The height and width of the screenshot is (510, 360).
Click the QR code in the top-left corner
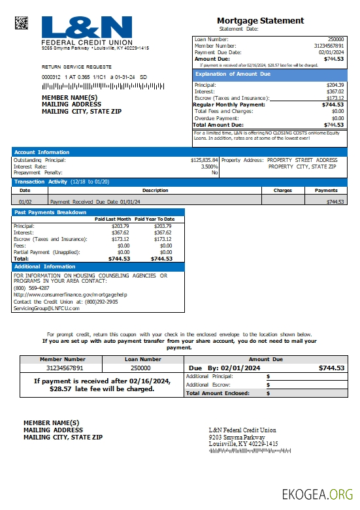click(x=22, y=23)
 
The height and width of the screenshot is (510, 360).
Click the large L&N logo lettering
click(x=87, y=27)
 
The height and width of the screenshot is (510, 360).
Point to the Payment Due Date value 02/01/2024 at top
click(x=331, y=52)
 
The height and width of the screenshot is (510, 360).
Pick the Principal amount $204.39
click(x=335, y=86)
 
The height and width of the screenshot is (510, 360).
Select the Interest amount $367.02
click(x=335, y=92)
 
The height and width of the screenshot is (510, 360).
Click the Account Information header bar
click(x=42, y=152)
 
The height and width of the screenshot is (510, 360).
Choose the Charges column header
click(x=282, y=191)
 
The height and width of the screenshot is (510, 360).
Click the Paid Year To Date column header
click(x=154, y=219)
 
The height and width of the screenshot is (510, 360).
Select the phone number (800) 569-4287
click(x=31, y=288)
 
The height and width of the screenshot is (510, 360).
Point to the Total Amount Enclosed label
click(x=218, y=393)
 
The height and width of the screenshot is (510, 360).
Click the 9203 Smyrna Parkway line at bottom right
click(x=233, y=437)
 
